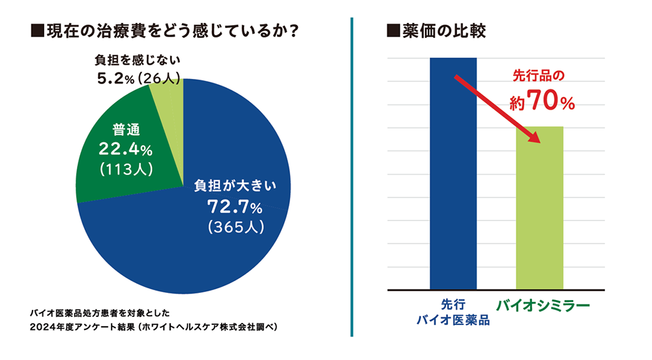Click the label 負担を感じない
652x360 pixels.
click(137, 61)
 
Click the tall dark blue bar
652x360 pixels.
click(453, 173)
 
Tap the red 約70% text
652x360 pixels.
click(541, 101)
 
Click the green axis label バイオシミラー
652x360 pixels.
click(542, 305)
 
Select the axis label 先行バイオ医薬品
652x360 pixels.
click(452, 312)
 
